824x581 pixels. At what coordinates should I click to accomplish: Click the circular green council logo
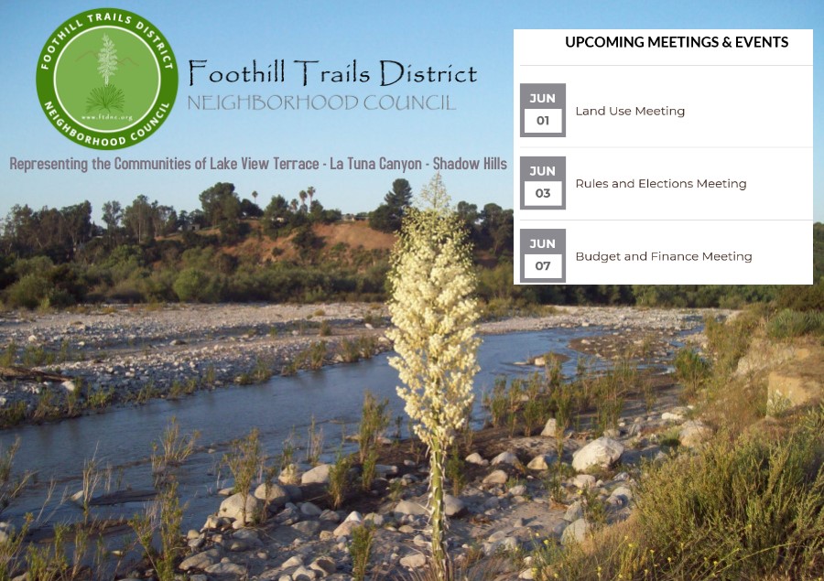tap(107, 79)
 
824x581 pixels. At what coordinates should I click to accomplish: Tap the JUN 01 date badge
tap(543, 111)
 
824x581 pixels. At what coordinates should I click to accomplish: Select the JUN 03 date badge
tap(543, 183)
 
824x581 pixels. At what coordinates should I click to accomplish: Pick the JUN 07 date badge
tap(543, 256)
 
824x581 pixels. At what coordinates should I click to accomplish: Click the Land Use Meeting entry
tap(630, 111)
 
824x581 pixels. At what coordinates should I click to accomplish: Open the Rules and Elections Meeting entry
tap(660, 183)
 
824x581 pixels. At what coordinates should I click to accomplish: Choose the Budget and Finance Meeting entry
tap(664, 256)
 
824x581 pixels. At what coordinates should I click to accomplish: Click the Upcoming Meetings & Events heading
tap(677, 42)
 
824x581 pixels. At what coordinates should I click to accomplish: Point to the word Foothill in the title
tap(237, 72)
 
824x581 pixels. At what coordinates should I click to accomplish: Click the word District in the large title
tap(428, 72)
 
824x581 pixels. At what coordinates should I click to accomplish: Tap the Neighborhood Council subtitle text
tap(321, 102)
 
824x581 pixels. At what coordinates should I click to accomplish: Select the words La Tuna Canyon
tap(375, 164)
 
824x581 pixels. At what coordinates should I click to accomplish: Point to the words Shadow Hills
tap(470, 164)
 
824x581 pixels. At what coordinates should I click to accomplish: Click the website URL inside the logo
tap(107, 118)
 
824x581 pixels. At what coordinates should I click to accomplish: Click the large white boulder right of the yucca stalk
tap(598, 454)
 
